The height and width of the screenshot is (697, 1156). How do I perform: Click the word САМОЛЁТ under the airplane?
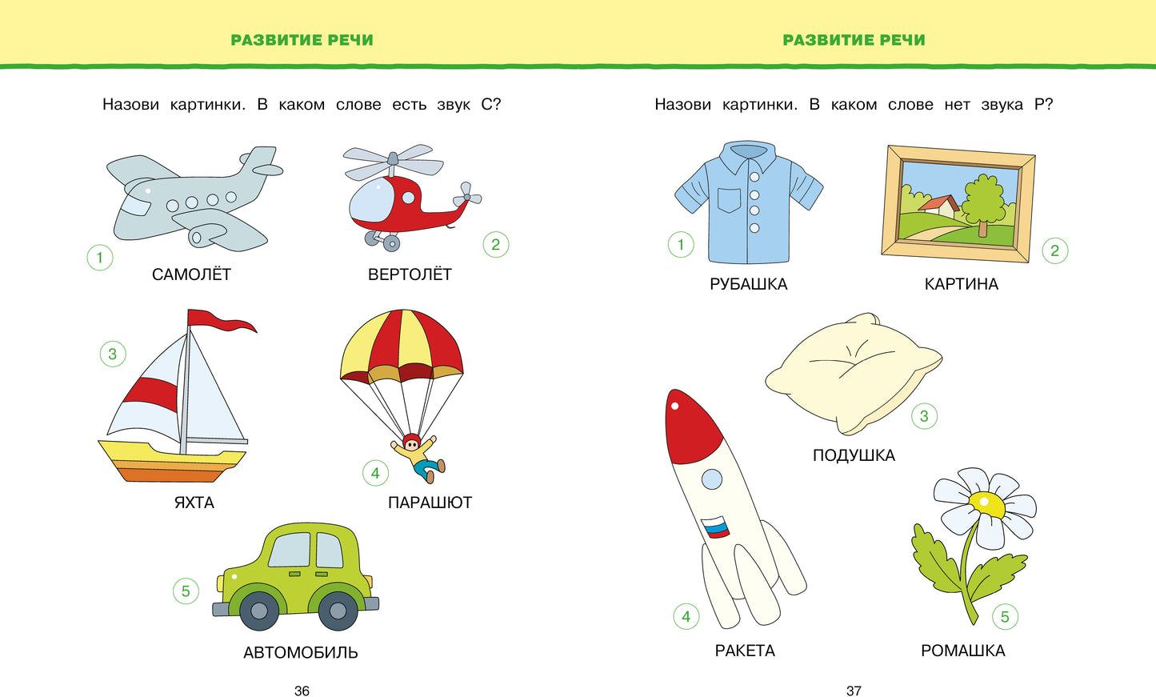coord(191,274)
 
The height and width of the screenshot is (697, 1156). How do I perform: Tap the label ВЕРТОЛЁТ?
coord(410,274)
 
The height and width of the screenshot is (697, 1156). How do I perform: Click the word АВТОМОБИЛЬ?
coord(300,652)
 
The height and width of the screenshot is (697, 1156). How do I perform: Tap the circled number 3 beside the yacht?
coord(113,354)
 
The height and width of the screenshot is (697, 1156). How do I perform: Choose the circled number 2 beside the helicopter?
coord(495,244)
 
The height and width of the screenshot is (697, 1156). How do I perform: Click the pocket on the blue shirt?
coord(729,200)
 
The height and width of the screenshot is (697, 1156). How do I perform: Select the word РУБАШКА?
coord(748,284)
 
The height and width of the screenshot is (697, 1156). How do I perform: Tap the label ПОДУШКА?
coord(854,455)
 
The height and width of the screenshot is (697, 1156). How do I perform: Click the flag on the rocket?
coord(716,527)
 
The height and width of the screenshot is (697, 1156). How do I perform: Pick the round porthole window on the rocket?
coord(711,479)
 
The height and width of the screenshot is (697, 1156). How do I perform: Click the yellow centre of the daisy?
coord(987,504)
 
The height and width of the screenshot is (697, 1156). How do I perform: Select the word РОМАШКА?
coord(962,651)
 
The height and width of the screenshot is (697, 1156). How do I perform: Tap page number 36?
coord(302,691)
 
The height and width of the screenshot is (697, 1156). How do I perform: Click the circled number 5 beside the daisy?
coord(1005,616)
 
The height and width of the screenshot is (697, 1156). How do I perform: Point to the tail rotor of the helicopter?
coord(466,194)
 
